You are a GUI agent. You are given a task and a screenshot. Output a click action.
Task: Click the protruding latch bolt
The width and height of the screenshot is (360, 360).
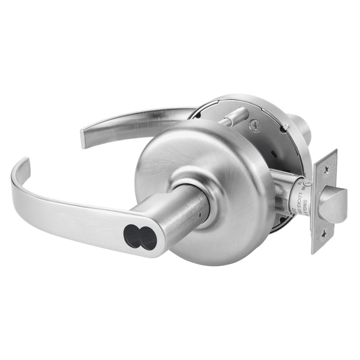pyautogui.click(x=334, y=205)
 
